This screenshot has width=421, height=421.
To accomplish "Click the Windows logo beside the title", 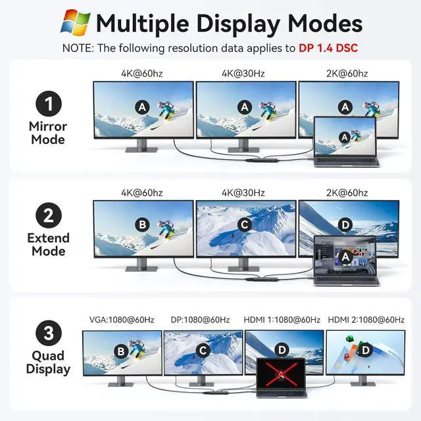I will [75, 22].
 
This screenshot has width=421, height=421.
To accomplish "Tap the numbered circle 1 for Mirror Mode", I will [47, 104].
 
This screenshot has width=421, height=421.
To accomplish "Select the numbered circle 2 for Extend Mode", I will [47, 215].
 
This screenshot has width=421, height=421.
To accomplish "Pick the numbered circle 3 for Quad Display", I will [47, 333].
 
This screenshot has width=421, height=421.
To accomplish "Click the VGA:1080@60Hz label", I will [122, 320].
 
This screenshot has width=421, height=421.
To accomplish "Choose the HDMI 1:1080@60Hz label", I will [284, 320].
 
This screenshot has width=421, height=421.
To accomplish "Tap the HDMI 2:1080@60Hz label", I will [366, 320].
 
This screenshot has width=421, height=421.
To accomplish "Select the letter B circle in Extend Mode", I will [142, 224].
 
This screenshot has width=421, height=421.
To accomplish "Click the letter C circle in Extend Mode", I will [244, 224].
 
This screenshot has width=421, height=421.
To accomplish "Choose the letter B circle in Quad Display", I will [120, 351].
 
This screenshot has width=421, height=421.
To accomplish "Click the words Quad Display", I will [48, 362].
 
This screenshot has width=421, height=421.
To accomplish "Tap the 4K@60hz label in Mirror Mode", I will [141, 73].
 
